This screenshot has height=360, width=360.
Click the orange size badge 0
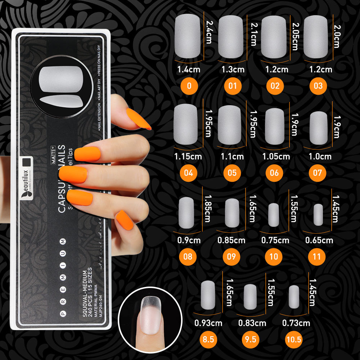[189, 86]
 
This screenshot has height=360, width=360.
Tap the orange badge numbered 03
[318, 86]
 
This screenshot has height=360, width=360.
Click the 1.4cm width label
[189, 69]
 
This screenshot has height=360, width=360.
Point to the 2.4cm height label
[209, 32]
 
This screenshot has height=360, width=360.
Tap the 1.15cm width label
[188, 157]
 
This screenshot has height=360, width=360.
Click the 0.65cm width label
[319, 240]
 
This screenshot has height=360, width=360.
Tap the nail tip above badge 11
[318, 214]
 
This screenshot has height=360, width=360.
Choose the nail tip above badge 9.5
[251, 296]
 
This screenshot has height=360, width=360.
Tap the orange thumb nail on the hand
[139, 118]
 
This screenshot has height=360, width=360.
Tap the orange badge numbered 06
[274, 173]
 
